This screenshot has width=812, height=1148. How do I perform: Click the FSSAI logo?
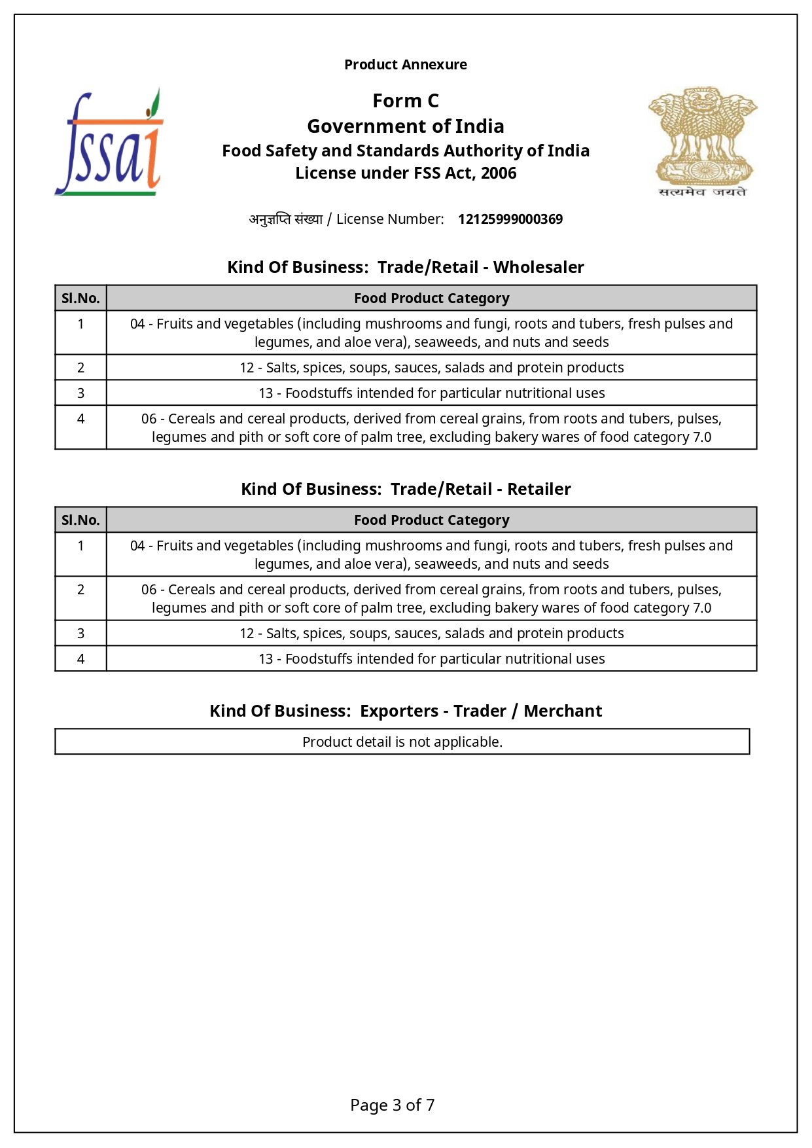coord(109,143)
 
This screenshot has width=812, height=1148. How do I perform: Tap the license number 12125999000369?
coord(510,219)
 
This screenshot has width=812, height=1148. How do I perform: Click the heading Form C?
coord(406,101)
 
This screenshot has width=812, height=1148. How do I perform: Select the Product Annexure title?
coord(406,65)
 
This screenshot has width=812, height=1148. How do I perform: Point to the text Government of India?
coord(406,126)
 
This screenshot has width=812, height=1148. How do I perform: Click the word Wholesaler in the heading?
coord(538,268)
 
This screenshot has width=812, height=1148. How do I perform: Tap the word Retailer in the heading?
coord(539,490)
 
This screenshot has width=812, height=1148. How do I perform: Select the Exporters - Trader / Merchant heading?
coord(480,711)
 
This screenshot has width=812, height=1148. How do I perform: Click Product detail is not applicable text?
coord(402,742)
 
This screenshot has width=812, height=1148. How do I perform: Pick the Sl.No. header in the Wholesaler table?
coord(80,298)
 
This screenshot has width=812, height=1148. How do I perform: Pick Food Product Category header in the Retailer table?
coord(431,520)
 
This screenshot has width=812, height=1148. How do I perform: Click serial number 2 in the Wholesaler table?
coord(80,368)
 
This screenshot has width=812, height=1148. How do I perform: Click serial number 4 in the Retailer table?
coord(80,659)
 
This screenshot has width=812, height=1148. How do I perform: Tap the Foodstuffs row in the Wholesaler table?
coord(431,393)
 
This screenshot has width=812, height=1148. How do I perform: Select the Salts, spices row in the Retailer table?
coord(431,634)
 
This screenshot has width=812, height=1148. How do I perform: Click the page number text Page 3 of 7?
coord(392,1105)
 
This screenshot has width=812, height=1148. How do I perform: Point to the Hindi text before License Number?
coord(286,219)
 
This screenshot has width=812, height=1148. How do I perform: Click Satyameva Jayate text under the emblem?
coord(702,192)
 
